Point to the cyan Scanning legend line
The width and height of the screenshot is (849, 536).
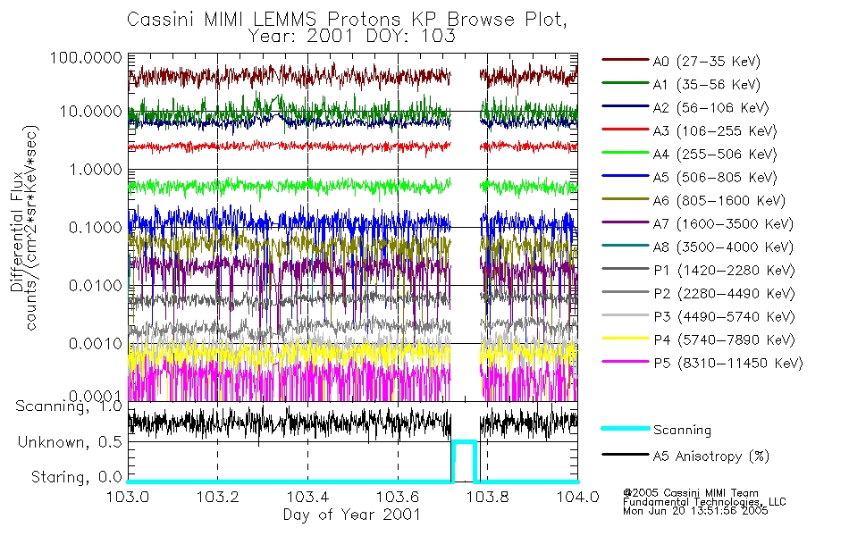click(x=624, y=430)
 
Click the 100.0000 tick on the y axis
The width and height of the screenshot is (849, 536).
click(x=87, y=56)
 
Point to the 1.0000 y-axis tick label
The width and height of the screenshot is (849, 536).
click(x=93, y=169)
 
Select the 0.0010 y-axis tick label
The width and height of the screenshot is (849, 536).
click(x=93, y=344)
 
